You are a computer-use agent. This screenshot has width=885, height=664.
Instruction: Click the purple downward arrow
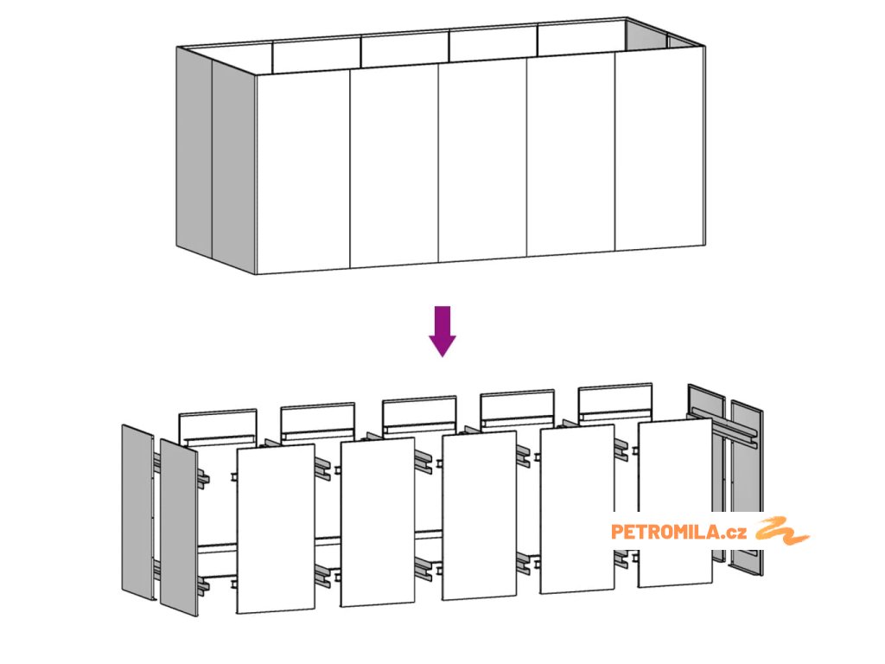(442, 331)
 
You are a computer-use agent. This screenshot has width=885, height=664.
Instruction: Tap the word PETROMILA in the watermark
(665, 532)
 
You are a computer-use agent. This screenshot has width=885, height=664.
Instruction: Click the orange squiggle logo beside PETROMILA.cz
(783, 531)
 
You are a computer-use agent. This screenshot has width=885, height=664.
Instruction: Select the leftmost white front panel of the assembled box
(303, 171)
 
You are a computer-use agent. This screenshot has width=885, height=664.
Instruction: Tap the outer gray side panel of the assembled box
(194, 152)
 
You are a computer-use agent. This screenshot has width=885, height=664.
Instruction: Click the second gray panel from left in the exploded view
(179, 527)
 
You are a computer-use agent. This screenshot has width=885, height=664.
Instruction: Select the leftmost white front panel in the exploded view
(276, 528)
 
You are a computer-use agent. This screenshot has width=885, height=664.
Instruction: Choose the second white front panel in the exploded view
(378, 522)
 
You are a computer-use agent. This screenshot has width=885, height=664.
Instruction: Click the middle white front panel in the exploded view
(479, 515)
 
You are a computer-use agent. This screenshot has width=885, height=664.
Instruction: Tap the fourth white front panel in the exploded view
(577, 508)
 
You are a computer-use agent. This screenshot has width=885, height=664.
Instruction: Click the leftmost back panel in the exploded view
(218, 427)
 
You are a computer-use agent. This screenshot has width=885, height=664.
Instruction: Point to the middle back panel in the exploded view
(419, 414)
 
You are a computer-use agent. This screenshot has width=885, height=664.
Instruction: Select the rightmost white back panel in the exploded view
(615, 402)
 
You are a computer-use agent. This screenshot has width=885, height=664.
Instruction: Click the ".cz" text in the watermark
(734, 533)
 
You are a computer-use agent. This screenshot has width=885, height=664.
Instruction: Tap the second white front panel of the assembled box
(394, 166)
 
